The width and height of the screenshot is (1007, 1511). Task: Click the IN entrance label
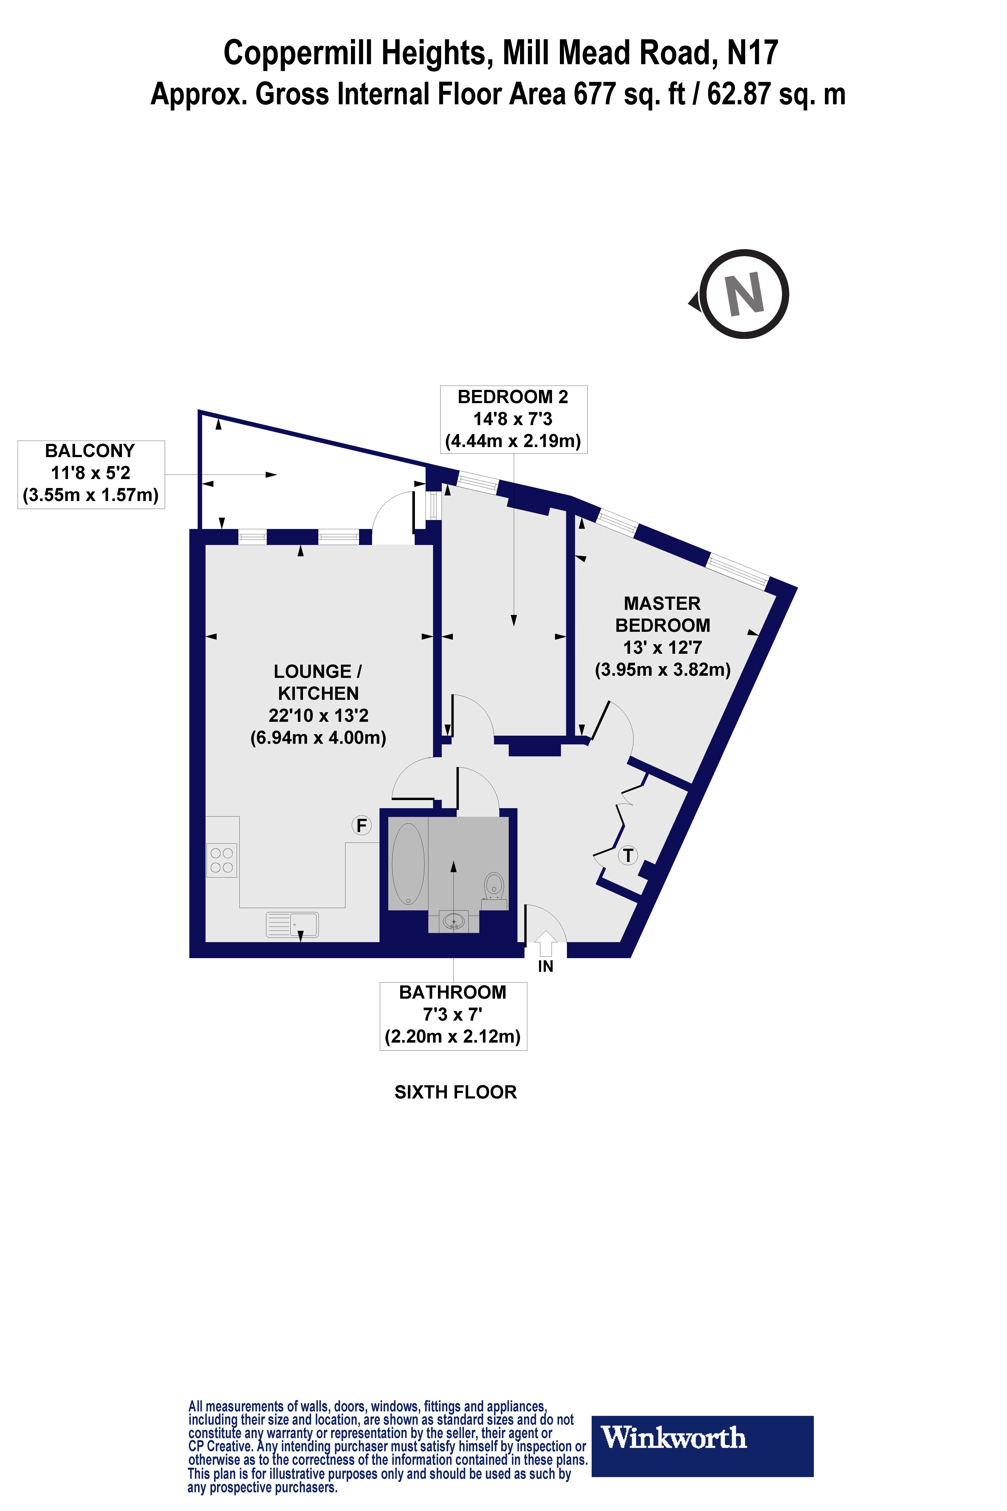[545, 966]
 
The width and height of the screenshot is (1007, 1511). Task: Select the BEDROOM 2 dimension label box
[513, 419]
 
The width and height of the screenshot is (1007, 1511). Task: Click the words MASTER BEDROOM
[662, 614]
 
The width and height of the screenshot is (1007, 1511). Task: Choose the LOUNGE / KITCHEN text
[318, 682]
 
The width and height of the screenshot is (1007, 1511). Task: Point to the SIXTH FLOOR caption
[455, 1092]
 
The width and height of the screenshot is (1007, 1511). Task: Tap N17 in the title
[753, 53]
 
